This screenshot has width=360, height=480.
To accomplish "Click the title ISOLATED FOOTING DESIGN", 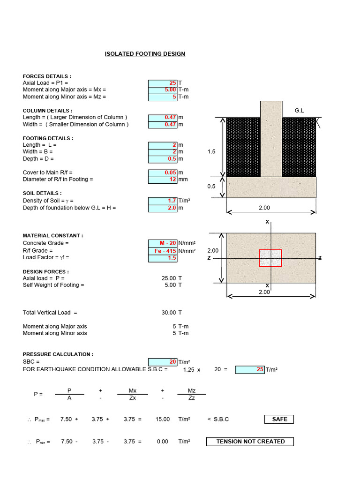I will [145, 54].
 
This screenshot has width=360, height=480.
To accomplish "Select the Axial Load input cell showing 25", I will [163, 82].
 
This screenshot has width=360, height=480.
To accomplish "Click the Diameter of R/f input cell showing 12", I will [163, 180].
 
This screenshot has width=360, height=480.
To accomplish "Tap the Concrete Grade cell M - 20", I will [163, 243].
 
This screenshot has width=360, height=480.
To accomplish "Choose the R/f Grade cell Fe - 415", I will [163, 251].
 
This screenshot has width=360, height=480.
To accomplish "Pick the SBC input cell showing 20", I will [163, 362].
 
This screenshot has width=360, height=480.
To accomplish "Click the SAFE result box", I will [279, 419].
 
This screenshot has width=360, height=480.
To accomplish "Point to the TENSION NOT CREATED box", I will [250, 442].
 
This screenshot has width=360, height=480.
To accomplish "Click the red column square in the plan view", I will [270, 258].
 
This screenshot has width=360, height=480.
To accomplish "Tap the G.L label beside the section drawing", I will [299, 111].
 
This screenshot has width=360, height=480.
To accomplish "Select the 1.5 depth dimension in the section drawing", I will [211, 152].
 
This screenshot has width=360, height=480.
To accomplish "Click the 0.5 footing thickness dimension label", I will [211, 187].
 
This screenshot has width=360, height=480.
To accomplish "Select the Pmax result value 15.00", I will [163, 419].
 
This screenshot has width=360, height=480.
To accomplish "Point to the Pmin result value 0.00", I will [163, 442].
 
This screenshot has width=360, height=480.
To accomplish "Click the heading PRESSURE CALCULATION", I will [58, 354].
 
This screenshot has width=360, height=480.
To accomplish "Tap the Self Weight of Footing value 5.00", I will [170, 285].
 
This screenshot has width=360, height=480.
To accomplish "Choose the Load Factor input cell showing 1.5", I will [163, 258].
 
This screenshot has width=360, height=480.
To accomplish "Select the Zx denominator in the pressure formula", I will [132, 398].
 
